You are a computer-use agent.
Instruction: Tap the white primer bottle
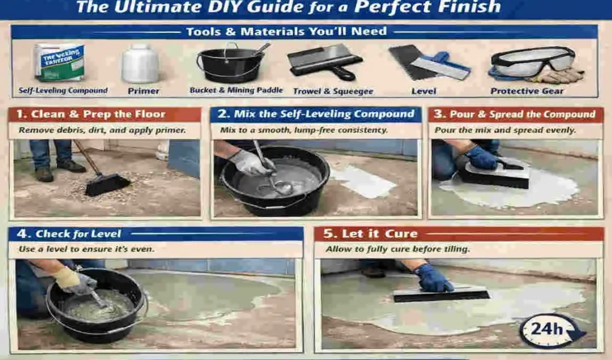click(140, 64)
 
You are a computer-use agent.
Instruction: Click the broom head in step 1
click(107, 185)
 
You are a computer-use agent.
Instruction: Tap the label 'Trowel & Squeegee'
click(332, 91)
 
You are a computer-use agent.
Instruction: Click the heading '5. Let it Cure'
click(371, 233)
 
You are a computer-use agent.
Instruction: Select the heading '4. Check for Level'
click(78, 234)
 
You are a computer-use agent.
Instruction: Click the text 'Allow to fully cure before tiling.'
click(397, 249)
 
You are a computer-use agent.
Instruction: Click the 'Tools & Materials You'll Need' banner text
click(286, 32)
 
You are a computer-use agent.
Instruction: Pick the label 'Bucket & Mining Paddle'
click(236, 91)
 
